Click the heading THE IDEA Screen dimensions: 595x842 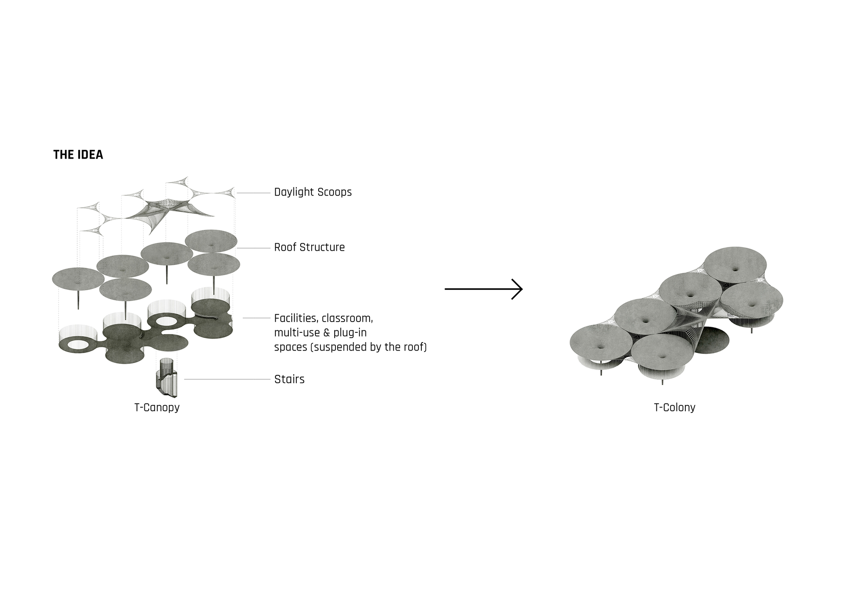point(78,155)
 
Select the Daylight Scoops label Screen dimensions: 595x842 point(313,192)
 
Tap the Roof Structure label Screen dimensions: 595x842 point(309,247)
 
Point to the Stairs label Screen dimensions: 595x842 point(289,379)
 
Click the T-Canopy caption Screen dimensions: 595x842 point(157,407)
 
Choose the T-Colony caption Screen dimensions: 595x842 point(674,407)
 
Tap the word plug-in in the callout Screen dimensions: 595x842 point(350,333)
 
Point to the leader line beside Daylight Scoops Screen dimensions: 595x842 point(253,193)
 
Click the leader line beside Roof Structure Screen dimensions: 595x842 point(253,248)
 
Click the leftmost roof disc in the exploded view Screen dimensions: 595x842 point(78,279)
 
